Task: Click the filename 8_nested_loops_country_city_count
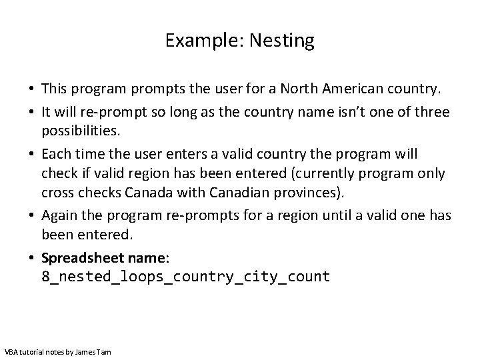(x=186, y=275)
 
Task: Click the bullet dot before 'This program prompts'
(x=32, y=89)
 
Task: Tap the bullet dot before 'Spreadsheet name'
(x=32, y=257)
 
